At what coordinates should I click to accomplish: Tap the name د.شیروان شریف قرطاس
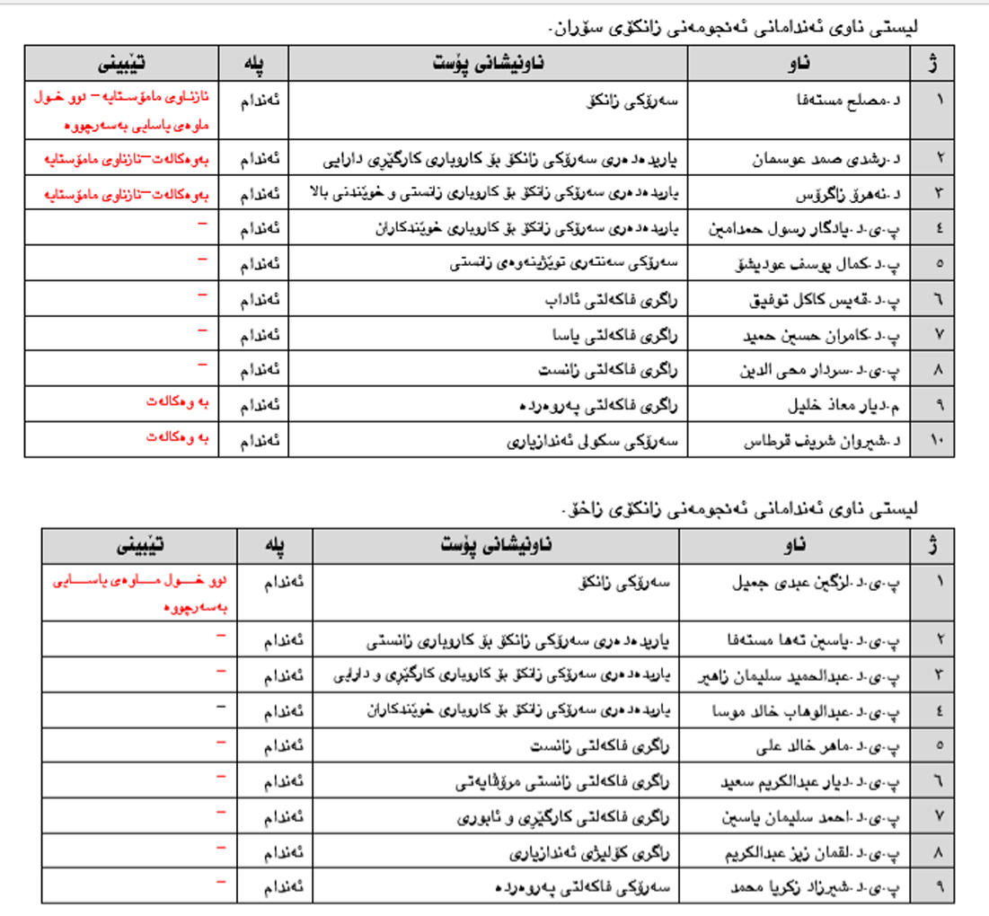[x=824, y=442]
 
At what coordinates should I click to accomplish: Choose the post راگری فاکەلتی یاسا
[x=619, y=336]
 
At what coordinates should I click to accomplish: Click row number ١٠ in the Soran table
[x=940, y=442]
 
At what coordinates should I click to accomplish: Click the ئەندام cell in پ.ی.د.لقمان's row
[x=282, y=850]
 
